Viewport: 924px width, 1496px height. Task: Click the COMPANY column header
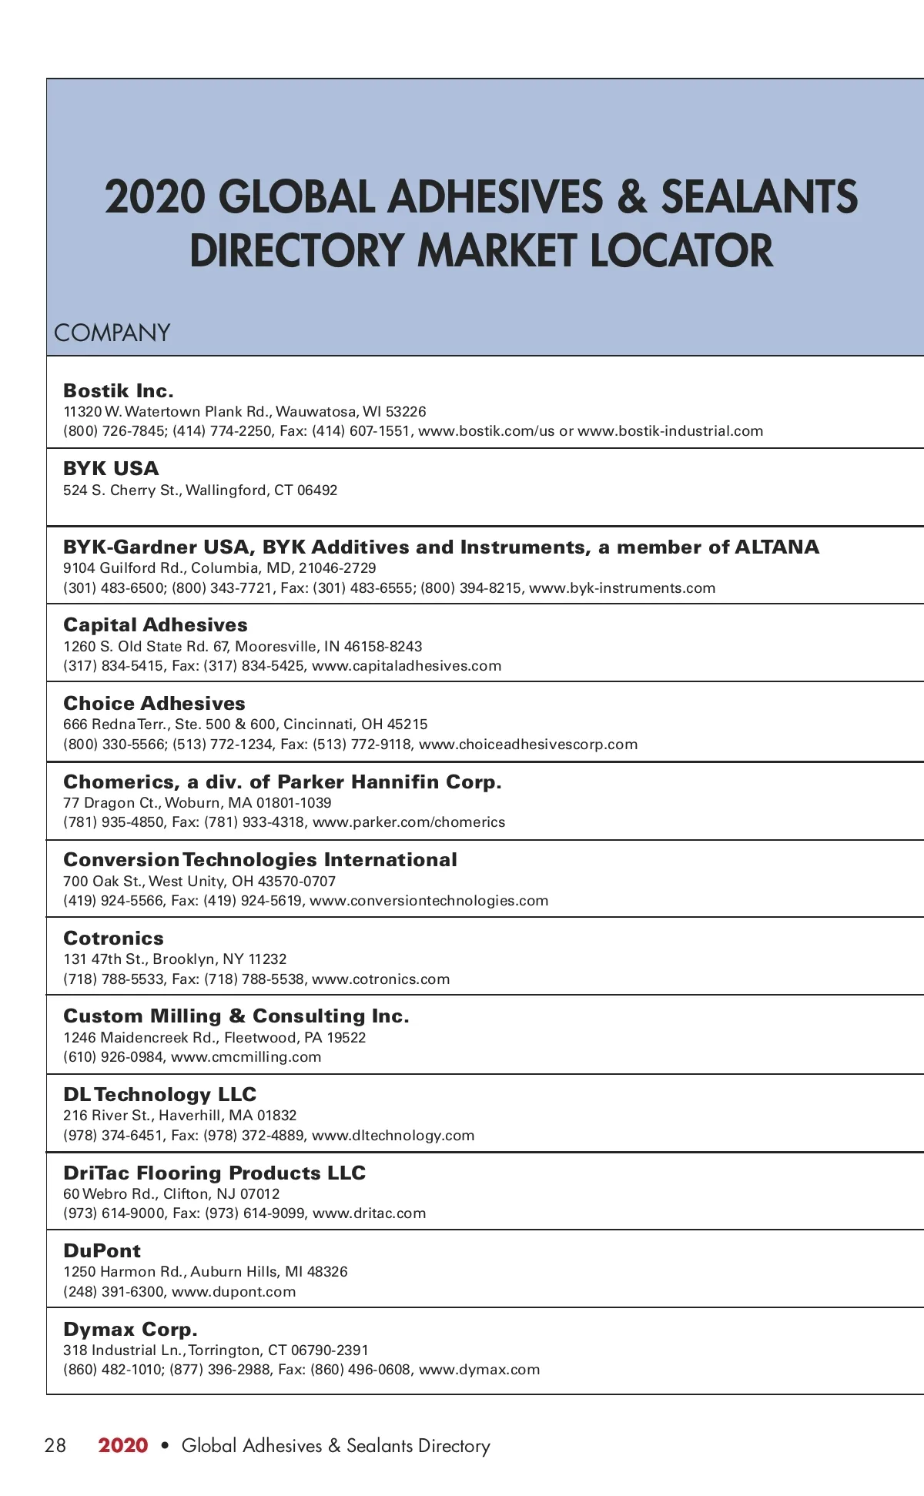(112, 333)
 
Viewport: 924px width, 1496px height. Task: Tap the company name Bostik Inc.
(119, 390)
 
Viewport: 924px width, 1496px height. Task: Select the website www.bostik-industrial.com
(670, 431)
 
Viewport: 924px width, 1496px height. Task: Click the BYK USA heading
(111, 468)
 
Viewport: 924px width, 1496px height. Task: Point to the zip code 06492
(317, 490)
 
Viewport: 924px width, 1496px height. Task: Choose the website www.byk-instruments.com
(622, 588)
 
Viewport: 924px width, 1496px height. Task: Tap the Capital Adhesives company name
(156, 624)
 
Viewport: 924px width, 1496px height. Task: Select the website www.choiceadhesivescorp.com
(528, 745)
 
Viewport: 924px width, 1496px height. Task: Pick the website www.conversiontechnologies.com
(429, 901)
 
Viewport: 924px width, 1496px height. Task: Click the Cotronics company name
(113, 938)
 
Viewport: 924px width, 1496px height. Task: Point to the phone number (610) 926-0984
(113, 1057)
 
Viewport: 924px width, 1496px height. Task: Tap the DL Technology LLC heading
(159, 1094)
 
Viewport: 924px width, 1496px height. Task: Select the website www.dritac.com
(369, 1213)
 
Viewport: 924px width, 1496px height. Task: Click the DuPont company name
(102, 1250)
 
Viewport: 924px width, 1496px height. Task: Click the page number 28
(55, 1445)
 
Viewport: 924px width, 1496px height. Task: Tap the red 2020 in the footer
(123, 1445)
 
